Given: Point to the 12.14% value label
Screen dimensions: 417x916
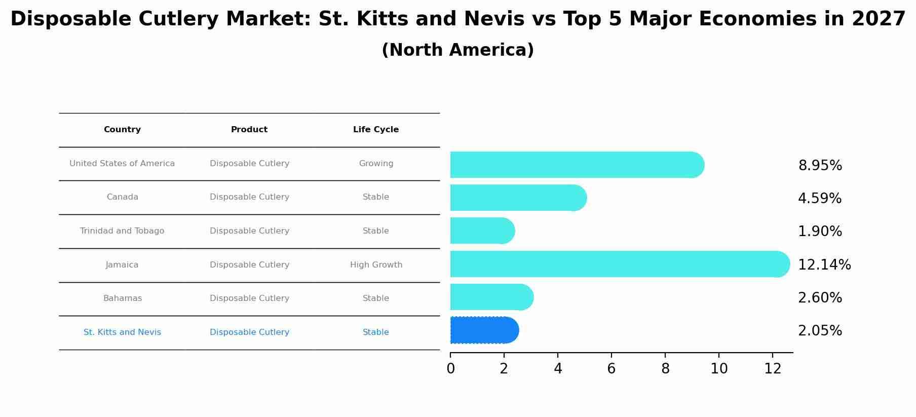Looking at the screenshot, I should (824, 264).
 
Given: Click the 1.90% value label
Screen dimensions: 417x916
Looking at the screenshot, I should (819, 232).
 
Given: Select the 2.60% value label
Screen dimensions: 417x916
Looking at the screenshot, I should (819, 298).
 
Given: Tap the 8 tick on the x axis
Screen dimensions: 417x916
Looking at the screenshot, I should (665, 369).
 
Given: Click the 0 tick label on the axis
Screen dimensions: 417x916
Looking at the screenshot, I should (450, 369).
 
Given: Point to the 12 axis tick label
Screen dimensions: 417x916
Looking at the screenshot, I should (772, 369).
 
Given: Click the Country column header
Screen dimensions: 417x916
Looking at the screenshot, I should (122, 130).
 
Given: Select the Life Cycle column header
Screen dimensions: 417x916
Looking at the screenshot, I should (375, 130).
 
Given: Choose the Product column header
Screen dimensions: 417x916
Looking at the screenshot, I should (249, 130).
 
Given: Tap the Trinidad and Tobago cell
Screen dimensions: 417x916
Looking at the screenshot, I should (122, 231).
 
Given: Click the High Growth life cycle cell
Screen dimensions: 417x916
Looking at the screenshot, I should (376, 265).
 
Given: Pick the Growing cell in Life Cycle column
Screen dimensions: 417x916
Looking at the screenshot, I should (376, 164).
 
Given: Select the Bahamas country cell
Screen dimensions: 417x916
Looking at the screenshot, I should (122, 298).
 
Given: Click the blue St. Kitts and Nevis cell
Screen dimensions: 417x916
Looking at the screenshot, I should (122, 332).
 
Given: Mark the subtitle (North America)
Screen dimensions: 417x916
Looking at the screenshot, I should (457, 50).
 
